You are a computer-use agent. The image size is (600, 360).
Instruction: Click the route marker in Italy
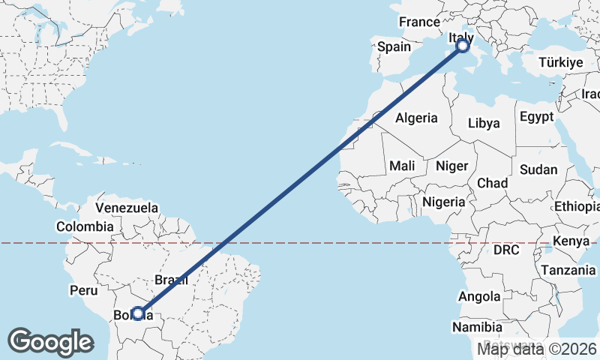462,46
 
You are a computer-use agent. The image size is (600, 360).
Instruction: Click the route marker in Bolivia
137,313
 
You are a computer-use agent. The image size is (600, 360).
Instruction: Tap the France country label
418,22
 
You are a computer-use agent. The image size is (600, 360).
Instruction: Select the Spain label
394,46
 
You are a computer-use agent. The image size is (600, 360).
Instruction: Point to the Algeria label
416,118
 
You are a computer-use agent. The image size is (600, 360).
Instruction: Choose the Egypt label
536,117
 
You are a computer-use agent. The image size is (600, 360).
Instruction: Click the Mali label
402,166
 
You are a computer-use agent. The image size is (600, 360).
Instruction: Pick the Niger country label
451,166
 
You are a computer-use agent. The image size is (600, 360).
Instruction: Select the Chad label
492,183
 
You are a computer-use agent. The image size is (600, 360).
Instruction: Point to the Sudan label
538,169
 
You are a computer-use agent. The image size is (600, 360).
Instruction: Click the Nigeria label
443,202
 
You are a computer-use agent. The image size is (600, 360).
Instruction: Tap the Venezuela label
127,207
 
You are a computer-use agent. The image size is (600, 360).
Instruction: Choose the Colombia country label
85,226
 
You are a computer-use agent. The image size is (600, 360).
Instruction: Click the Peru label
84,289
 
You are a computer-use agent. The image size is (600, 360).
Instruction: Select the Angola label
478,297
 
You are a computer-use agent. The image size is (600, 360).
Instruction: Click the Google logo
50,341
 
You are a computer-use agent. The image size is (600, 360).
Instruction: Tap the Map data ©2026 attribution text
537,349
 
